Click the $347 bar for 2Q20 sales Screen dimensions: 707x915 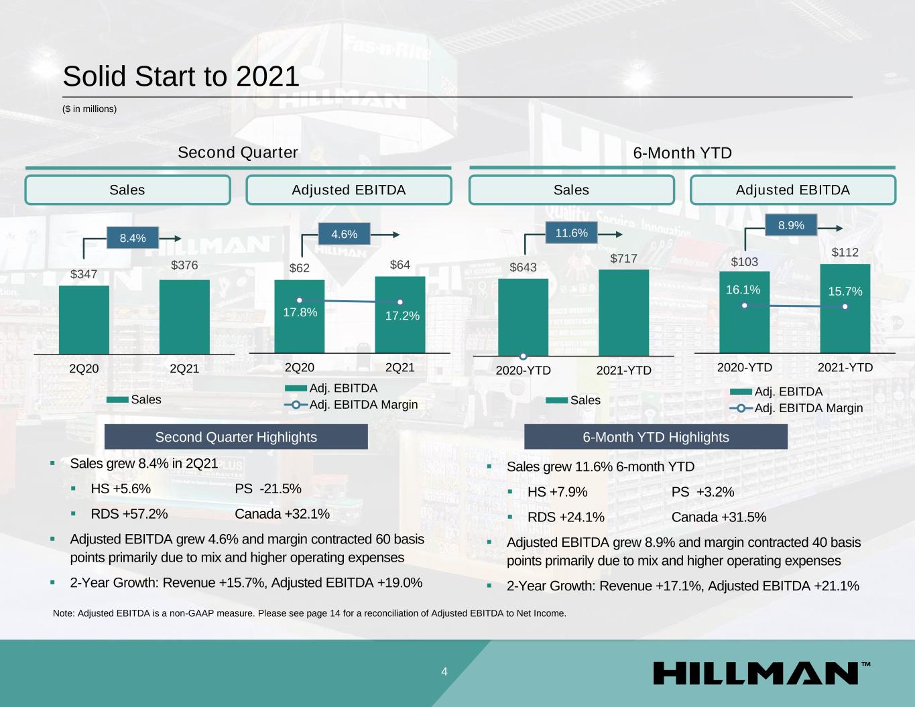(84, 320)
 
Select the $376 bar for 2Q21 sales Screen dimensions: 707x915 (184, 316)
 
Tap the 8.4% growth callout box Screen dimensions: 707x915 (133, 238)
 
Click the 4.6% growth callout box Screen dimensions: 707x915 (345, 235)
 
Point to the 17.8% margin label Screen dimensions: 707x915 (300, 312)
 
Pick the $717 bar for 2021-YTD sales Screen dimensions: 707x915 (623, 312)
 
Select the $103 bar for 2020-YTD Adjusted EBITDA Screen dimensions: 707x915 (745, 312)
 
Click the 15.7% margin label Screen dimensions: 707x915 (845, 292)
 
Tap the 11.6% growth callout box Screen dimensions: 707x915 (572, 233)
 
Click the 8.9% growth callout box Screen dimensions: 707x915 (791, 226)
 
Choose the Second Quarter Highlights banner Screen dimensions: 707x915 (236, 437)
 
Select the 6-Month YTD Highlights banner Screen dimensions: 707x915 (656, 437)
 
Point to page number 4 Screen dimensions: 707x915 (444, 672)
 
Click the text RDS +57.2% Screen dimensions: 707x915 (129, 514)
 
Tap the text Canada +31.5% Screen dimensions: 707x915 (719, 517)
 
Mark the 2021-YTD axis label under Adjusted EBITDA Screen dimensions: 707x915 (845, 368)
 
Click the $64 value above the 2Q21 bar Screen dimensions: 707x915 (400, 265)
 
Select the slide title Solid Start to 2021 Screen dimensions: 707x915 (181, 76)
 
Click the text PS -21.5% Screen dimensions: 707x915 (268, 489)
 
